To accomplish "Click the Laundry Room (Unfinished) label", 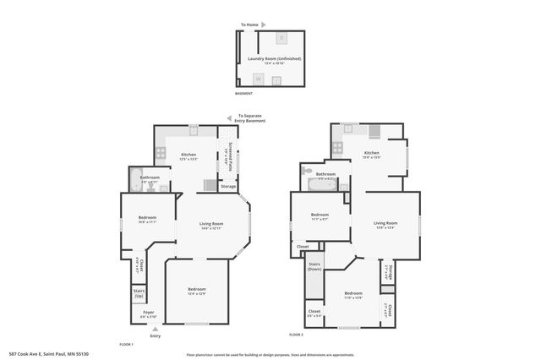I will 274,59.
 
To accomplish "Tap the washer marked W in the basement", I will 258,79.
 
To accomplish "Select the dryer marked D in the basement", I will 281,39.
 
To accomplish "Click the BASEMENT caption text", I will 243,94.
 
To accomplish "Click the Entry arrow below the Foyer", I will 155,329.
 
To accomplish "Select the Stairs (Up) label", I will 139,294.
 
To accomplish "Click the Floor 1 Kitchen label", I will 189,156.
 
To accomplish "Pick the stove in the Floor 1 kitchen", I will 159,154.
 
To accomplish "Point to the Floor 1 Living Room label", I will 210,226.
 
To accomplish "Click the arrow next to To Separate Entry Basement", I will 229,119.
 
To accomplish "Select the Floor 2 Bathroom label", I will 325,175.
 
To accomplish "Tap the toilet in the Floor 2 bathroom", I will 306,170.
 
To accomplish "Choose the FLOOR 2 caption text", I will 296,335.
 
